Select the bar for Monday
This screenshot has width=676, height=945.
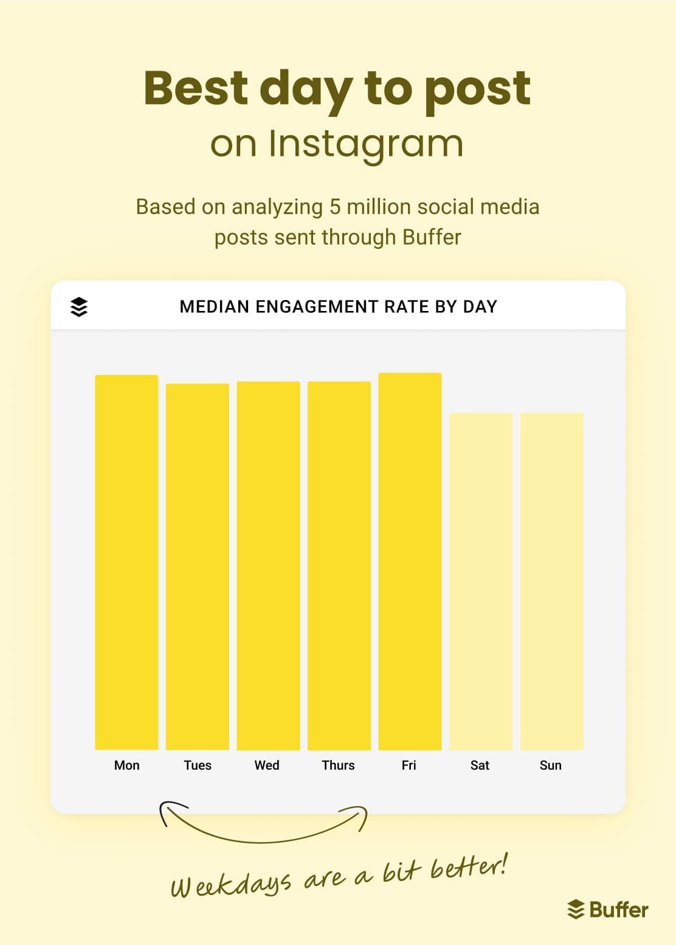tap(126, 562)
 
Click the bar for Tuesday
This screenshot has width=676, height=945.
tap(198, 567)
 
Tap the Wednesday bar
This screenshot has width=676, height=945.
tap(268, 565)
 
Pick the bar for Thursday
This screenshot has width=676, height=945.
tap(339, 565)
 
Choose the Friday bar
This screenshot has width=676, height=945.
tap(410, 561)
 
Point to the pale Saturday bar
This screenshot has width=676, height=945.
tap(481, 581)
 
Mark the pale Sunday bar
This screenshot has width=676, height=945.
tap(551, 581)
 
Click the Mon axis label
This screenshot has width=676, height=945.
tap(126, 765)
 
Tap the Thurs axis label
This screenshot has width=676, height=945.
tap(338, 765)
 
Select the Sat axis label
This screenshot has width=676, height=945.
tap(480, 765)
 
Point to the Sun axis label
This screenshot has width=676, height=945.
tap(550, 765)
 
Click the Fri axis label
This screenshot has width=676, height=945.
tap(409, 765)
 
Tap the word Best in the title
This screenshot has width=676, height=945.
tap(195, 88)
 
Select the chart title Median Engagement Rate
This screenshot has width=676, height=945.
tap(338, 306)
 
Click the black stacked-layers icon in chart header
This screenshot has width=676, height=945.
tap(79, 307)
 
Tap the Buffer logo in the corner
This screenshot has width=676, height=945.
tap(607, 910)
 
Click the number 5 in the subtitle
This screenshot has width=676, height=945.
tap(334, 207)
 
